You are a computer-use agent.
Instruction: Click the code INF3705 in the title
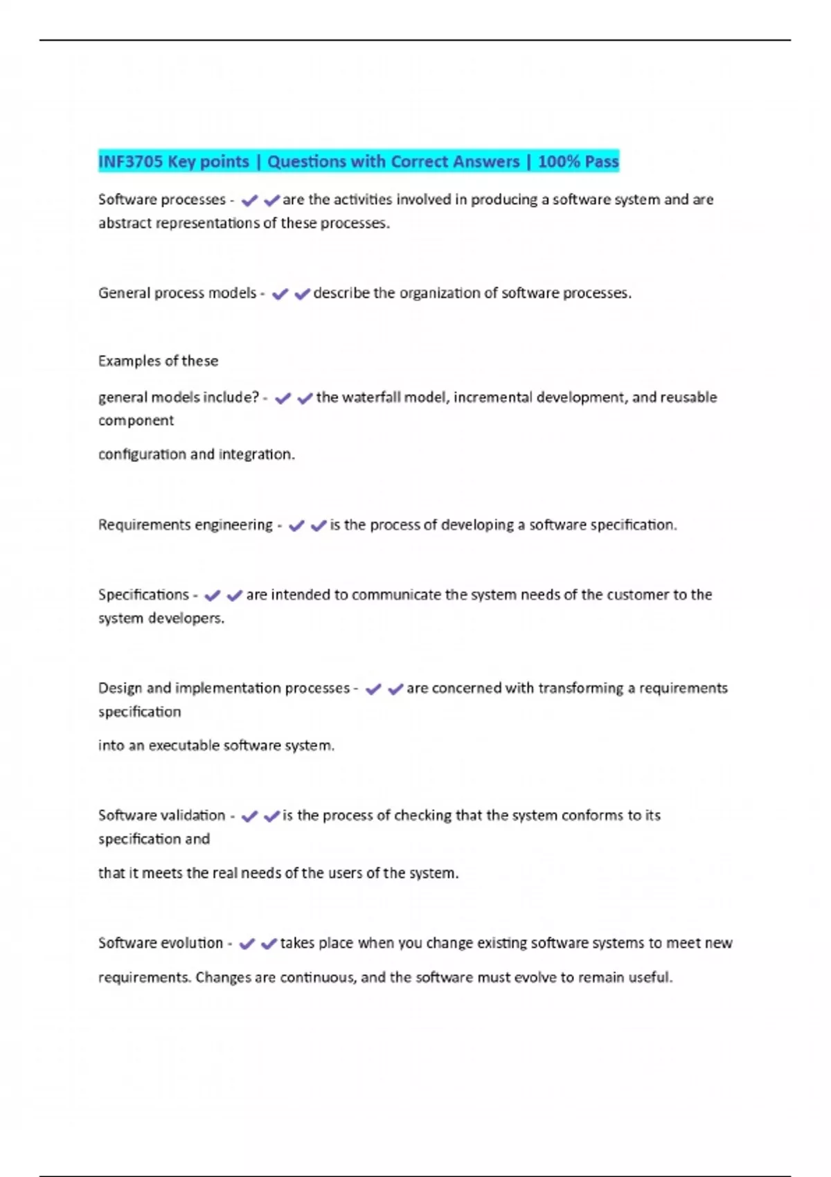point(130,162)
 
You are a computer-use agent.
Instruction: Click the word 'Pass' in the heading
point(601,162)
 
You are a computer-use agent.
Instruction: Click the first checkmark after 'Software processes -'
point(249,201)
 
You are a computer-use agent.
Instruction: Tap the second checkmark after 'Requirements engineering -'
point(319,526)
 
